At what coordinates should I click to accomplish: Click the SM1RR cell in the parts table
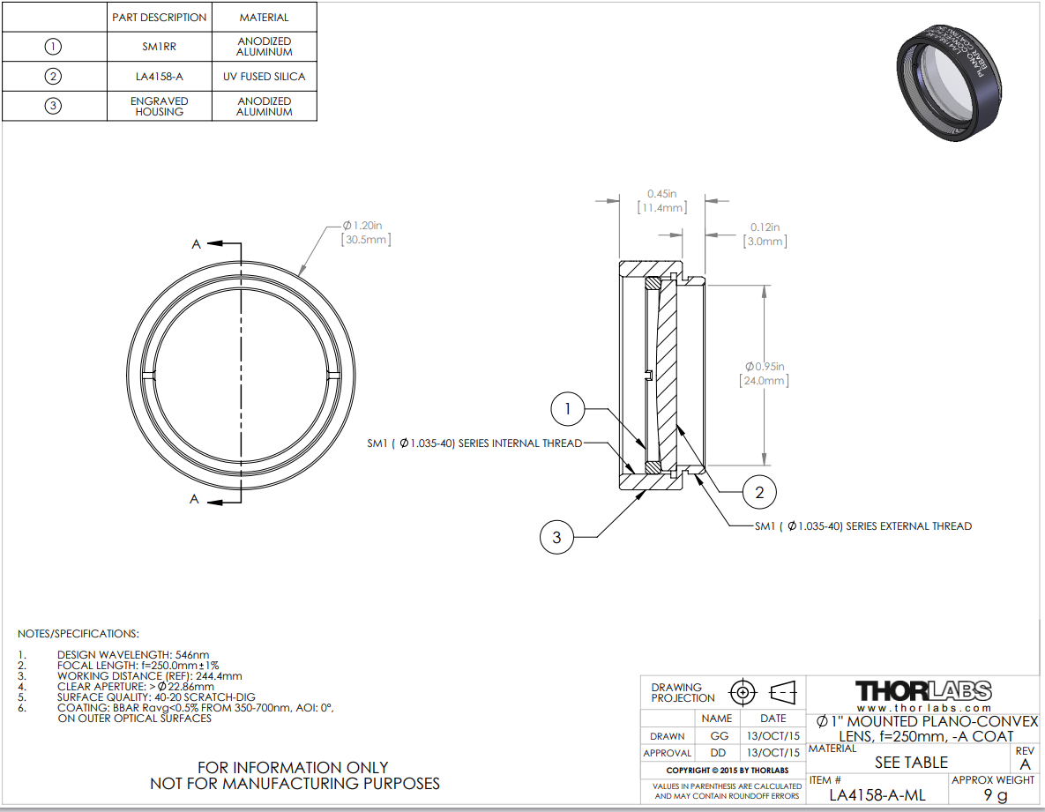pos(159,46)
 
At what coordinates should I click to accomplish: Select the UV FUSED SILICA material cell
pos(264,77)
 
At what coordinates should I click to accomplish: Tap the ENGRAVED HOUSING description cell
pos(159,106)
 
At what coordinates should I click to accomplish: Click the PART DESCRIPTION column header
pos(159,17)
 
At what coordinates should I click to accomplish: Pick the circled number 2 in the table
pos(53,77)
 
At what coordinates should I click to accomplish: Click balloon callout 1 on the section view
pos(568,409)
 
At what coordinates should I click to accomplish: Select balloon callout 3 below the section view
pos(556,537)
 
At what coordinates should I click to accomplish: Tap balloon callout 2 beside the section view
pos(759,492)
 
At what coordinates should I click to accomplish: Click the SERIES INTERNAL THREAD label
pos(474,443)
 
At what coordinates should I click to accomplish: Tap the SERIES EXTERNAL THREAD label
pos(862,526)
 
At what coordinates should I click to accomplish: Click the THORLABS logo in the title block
pos(923,690)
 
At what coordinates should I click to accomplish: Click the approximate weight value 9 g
pos(994,795)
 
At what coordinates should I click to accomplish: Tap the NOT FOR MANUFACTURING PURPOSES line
pos(295,783)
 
